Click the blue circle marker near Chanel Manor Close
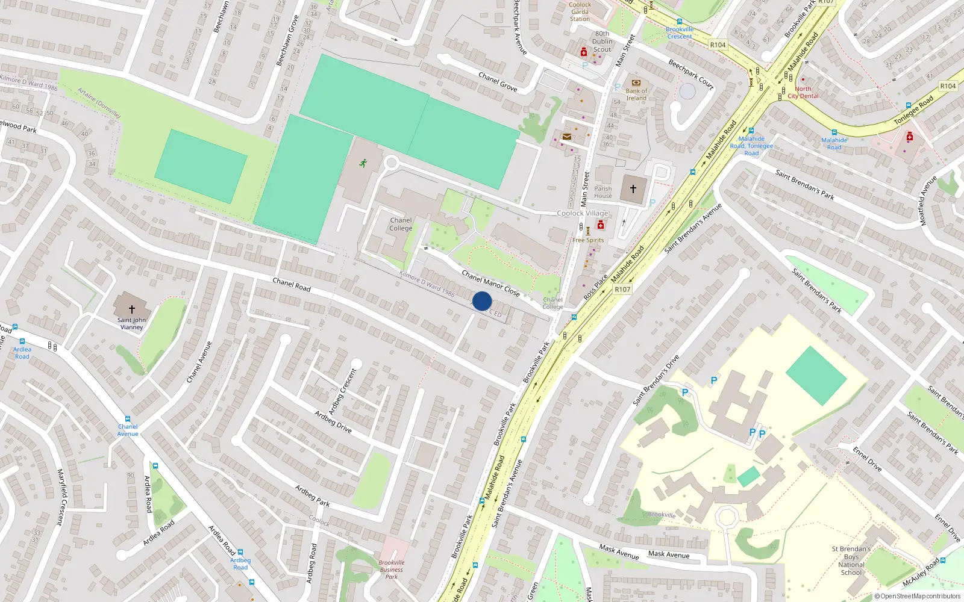(x=481, y=301)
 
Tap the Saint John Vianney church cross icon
(x=131, y=309)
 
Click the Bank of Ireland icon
(x=636, y=83)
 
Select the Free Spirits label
(x=588, y=240)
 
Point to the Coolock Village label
(x=583, y=213)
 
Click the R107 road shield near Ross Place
(x=622, y=290)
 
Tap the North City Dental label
(x=803, y=93)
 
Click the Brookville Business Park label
(x=392, y=569)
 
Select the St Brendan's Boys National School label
(x=851, y=560)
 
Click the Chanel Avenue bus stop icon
(x=128, y=419)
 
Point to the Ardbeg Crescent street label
(x=342, y=391)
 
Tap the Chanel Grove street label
(x=498, y=82)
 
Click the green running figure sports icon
(x=363, y=163)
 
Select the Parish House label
(x=602, y=192)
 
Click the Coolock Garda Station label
(x=580, y=11)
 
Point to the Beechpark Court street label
(x=691, y=74)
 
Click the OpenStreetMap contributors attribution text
(x=918, y=596)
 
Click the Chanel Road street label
(x=292, y=285)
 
